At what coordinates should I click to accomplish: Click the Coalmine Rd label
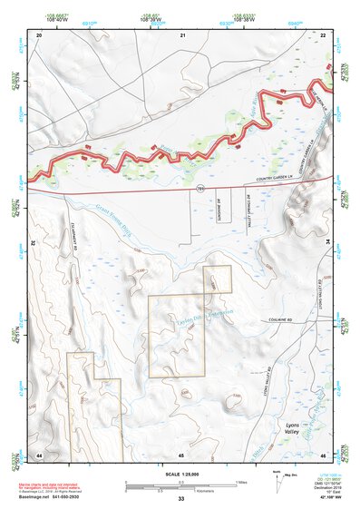[271, 318]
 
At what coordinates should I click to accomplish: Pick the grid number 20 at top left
[39, 34]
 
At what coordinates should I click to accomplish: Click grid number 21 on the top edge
[182, 34]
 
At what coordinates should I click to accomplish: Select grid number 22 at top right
[324, 34]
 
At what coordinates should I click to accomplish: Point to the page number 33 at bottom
[181, 499]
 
